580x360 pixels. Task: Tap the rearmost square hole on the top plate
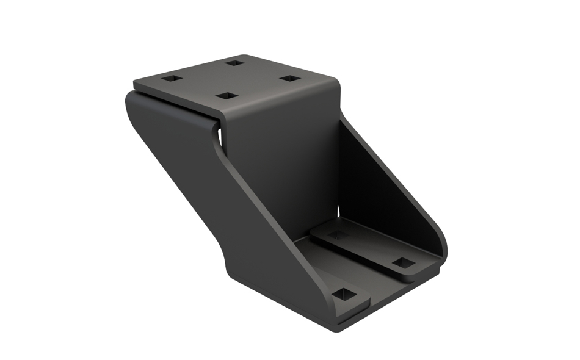coord(234,62)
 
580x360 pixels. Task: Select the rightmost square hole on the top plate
coord(291,79)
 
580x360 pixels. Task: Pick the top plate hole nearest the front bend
coord(227,96)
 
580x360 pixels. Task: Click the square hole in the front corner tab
coord(344,294)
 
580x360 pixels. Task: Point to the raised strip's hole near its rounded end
coord(403,262)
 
